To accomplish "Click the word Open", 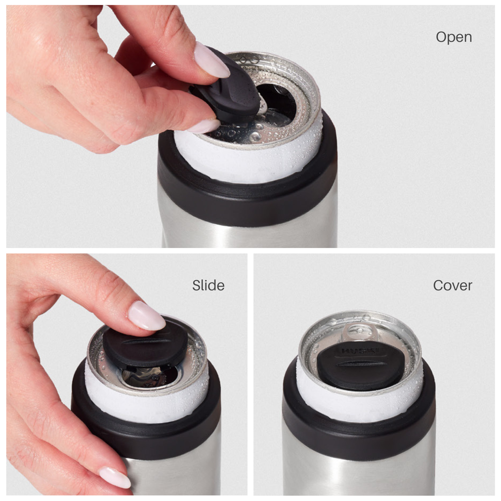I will tap(453, 37).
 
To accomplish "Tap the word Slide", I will tap(208, 285).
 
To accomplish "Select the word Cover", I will tap(452, 285).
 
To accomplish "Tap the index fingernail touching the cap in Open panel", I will tap(212, 60).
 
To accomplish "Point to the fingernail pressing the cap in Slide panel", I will tap(146, 316).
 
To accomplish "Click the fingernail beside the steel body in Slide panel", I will tap(115, 477).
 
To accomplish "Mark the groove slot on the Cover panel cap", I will tap(360, 363).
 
